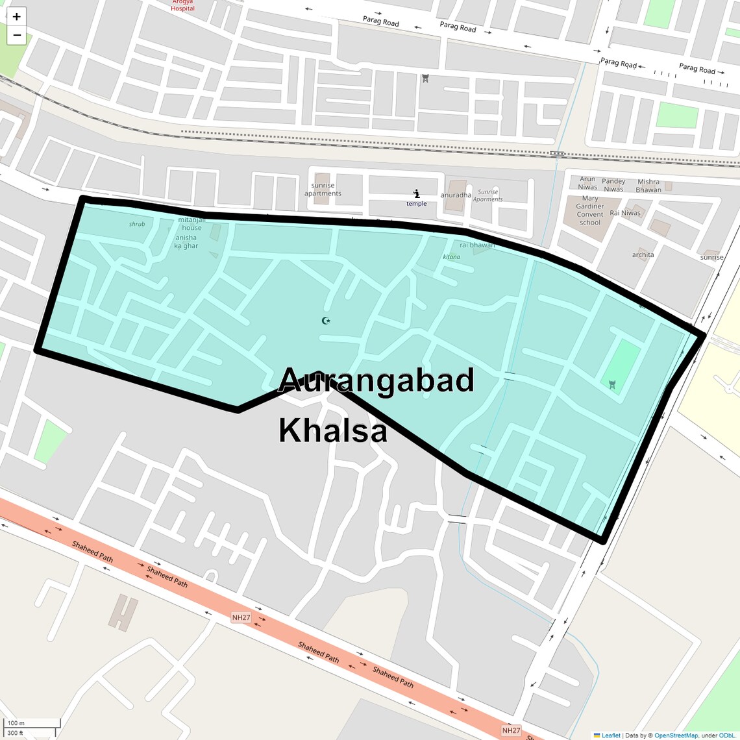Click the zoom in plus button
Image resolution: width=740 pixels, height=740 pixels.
point(17,17)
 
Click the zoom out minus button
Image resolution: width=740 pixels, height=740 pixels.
point(17,35)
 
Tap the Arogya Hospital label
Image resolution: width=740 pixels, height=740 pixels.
point(182,5)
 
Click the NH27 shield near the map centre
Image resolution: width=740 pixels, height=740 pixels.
point(241,617)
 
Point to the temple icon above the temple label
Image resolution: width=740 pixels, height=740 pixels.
point(417,193)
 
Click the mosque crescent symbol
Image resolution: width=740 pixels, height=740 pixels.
point(326,320)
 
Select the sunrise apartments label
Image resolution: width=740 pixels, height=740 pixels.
point(323,190)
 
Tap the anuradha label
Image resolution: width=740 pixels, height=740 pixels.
point(456,195)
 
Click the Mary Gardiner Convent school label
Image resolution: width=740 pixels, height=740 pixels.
point(589,210)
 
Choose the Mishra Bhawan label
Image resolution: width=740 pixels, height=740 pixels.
point(648,186)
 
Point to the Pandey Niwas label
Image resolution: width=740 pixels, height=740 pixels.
point(613,185)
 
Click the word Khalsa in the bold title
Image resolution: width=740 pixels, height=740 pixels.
point(333,430)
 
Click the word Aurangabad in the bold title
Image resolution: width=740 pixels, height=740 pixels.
point(376,380)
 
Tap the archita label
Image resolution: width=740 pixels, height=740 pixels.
point(643,255)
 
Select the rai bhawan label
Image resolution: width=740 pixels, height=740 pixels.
point(476,245)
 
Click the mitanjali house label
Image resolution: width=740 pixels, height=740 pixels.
point(191,224)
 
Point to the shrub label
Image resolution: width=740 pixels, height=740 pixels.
point(137,224)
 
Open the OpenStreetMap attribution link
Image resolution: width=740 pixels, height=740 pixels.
point(676,735)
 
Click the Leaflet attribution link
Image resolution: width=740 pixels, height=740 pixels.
point(610,735)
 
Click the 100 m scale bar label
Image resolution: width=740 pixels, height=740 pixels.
point(16,723)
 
